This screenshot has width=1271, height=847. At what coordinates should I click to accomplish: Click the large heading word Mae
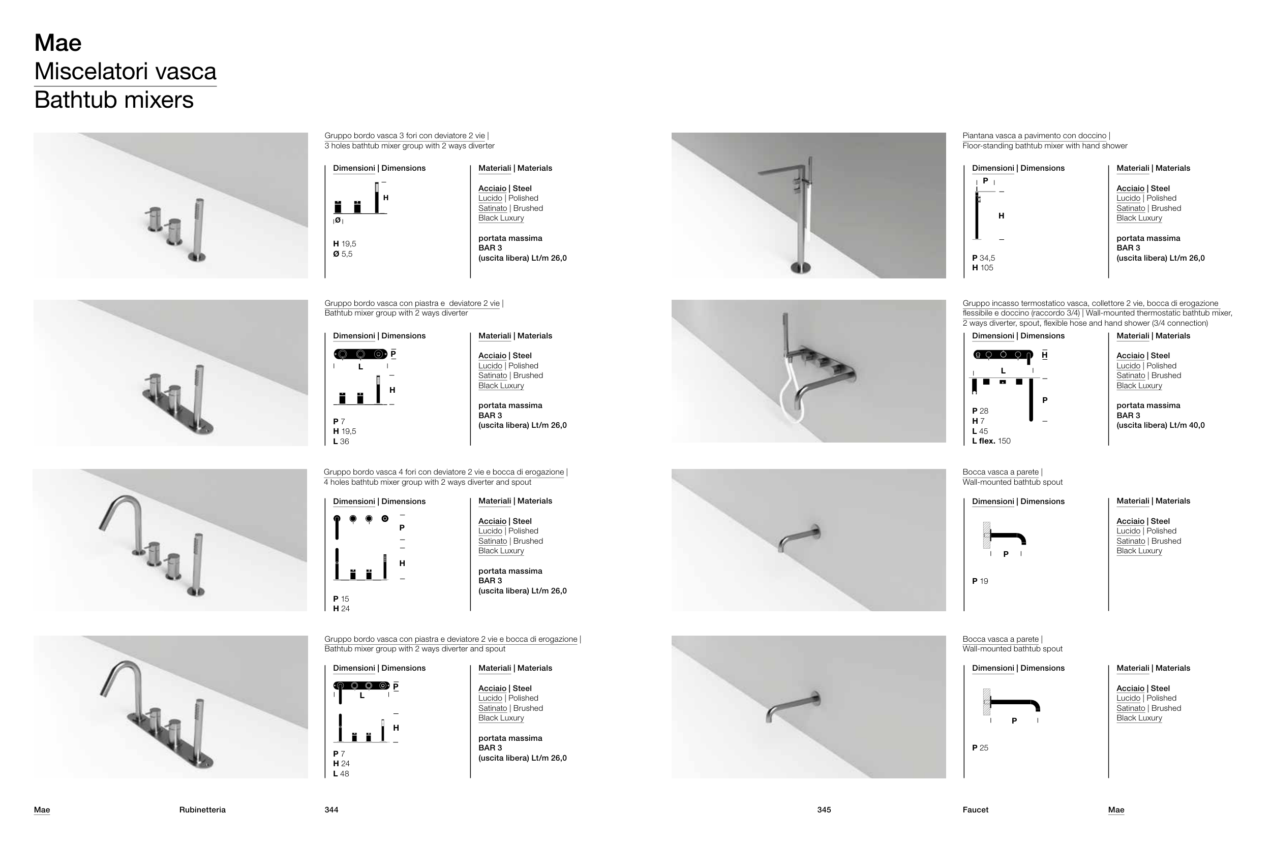tap(58, 43)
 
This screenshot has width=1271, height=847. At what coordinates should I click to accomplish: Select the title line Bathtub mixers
tap(113, 100)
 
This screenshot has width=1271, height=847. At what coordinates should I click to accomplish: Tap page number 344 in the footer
tap(331, 810)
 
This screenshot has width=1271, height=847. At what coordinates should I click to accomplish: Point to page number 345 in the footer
tap(824, 810)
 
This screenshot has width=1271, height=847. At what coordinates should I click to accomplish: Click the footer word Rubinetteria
tap(202, 810)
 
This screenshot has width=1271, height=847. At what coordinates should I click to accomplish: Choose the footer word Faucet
tap(976, 810)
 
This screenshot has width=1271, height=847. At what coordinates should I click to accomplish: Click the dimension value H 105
tap(982, 268)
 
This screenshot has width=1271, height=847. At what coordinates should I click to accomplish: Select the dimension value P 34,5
tap(984, 258)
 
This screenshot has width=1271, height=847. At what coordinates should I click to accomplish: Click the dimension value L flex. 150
tap(991, 441)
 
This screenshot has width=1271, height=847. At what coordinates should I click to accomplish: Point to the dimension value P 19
tap(980, 581)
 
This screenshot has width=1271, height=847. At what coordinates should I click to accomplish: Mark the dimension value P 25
tap(980, 748)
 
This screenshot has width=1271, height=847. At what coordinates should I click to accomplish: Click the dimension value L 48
tap(341, 774)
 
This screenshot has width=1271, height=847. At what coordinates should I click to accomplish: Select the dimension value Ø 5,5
tap(343, 254)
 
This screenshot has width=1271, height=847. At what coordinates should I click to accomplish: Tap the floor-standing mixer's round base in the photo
tap(800, 267)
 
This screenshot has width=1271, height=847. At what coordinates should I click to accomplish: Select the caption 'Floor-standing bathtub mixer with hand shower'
tap(1045, 146)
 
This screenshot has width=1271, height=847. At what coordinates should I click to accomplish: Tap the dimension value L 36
tap(341, 442)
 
